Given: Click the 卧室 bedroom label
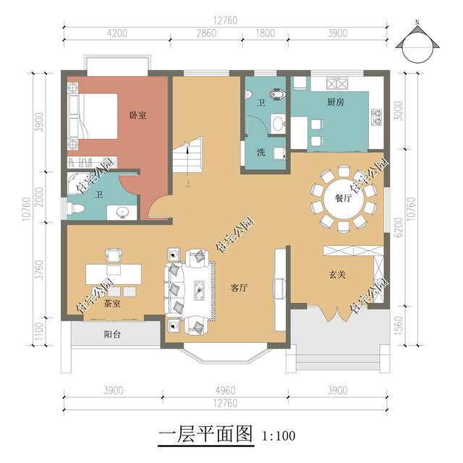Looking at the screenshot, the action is pos(138,115).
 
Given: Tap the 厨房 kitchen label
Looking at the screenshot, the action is pos(336,102).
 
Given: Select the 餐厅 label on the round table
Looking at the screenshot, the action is pos(344,197).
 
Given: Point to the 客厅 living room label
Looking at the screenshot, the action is pos(239,288).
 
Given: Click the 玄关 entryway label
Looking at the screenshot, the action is pos(337,275).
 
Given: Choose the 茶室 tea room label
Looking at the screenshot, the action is pos(112,303).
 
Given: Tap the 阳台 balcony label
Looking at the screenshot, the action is pos(112,334).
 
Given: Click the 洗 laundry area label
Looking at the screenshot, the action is pos(260,153).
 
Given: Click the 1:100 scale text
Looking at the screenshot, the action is pos(279,436).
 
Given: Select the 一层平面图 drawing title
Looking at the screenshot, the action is pos(205,434).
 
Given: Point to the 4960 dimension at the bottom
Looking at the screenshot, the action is pos(225,391).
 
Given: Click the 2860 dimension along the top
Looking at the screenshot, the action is pos(206,33).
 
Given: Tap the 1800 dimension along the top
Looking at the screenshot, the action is pos(266,33).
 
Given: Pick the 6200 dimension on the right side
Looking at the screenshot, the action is pos(399,227).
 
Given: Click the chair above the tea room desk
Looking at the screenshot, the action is pos(114,255).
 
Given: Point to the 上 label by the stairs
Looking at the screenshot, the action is pos(188,184).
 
